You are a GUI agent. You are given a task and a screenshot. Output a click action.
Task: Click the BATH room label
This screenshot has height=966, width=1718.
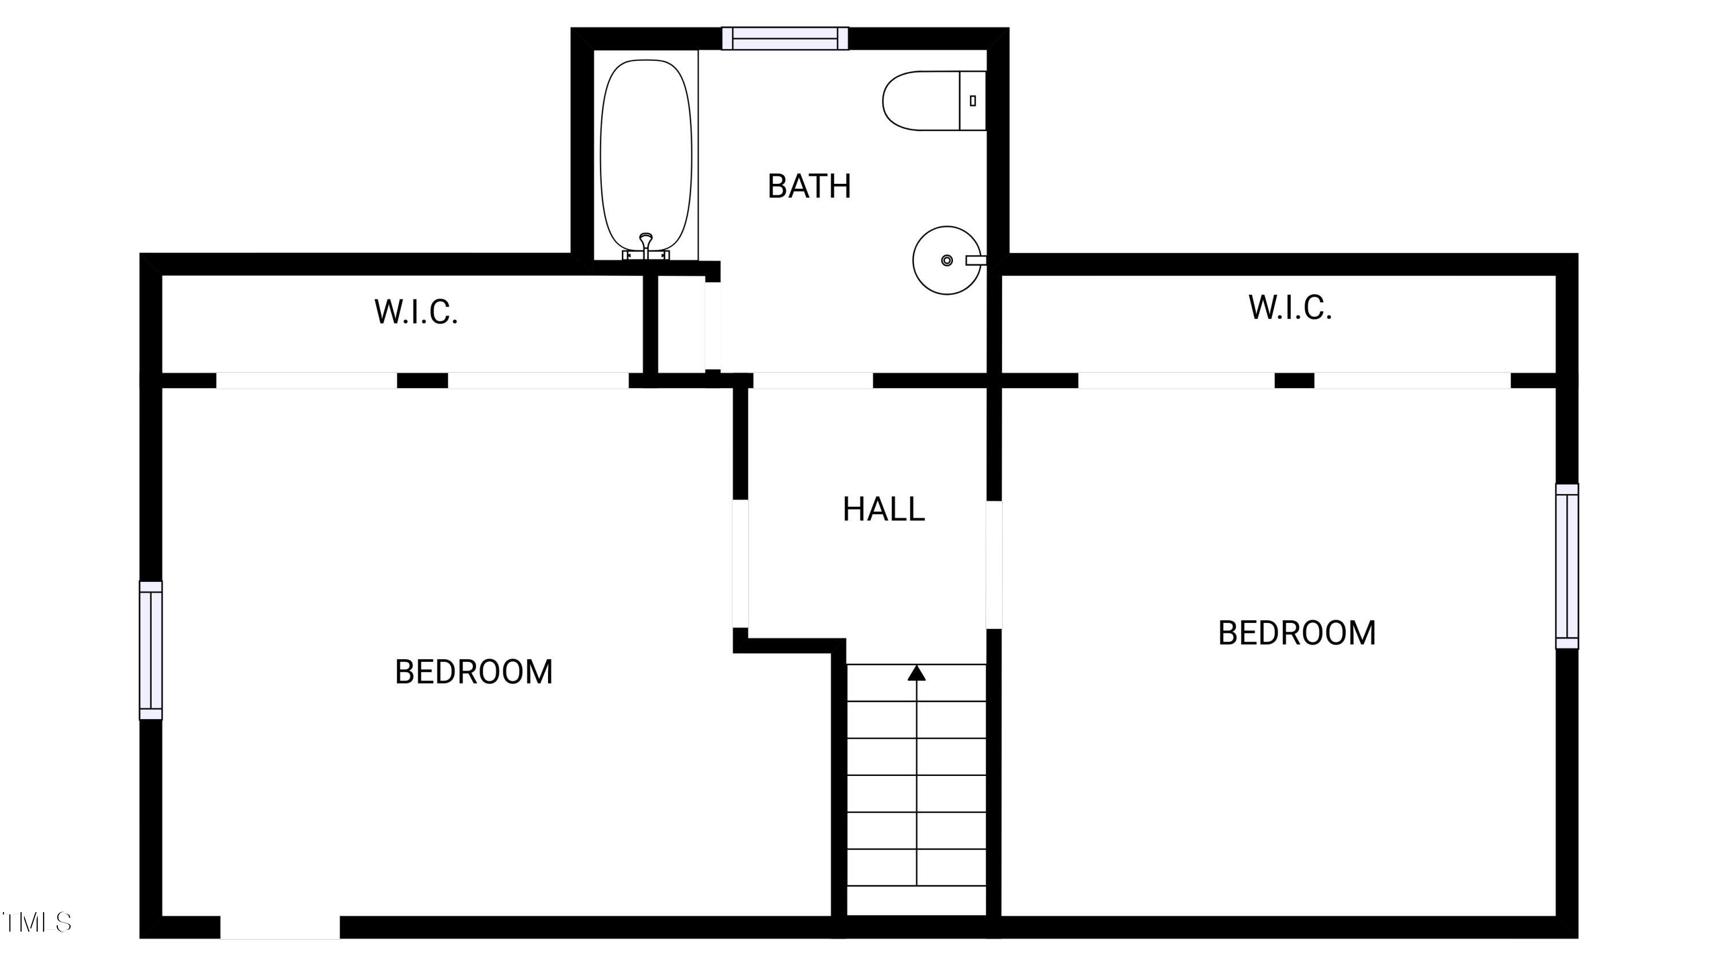point(809,186)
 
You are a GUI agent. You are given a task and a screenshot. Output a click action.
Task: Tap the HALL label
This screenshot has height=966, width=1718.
point(883,509)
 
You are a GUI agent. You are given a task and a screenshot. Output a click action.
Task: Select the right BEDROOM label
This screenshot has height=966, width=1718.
point(1297,633)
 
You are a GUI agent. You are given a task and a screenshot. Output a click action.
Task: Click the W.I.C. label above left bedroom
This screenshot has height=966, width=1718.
point(416,312)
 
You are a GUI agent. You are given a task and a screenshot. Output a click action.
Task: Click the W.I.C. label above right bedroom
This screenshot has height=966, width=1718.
point(1290,307)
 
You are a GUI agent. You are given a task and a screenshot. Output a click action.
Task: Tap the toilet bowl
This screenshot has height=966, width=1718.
point(919,101)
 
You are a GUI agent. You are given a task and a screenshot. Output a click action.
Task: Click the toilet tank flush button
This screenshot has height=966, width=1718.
point(972,101)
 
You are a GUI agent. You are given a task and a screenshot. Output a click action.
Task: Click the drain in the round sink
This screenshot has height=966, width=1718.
point(947,260)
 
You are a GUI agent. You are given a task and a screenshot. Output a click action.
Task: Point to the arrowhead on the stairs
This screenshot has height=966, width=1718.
point(916,673)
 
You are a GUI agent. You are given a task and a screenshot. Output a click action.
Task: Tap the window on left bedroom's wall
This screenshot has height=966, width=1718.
point(151,650)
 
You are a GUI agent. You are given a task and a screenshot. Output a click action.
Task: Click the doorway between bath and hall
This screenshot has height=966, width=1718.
point(812,381)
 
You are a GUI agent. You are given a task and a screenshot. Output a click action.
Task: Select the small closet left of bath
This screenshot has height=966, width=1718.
point(681,325)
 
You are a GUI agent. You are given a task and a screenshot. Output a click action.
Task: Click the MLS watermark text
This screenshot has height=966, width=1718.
point(37,922)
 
